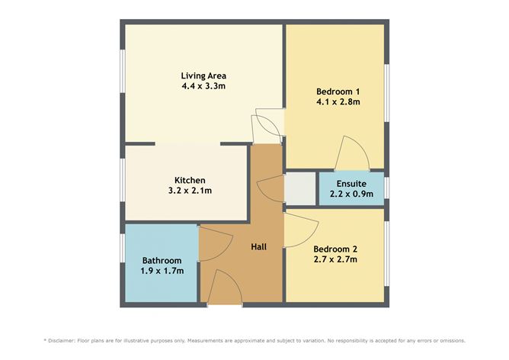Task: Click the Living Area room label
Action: [203, 76]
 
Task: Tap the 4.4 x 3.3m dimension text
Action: [203, 86]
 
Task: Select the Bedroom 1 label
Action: [338, 92]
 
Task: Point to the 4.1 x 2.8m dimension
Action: [338, 102]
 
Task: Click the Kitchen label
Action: [190, 180]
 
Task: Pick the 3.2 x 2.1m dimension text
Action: [190, 191]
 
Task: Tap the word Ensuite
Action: [351, 184]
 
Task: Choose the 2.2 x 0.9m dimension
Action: [351, 194]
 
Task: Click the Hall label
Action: [259, 247]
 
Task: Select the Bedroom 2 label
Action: [335, 249]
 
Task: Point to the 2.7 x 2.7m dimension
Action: [335, 259]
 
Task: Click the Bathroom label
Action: [162, 261]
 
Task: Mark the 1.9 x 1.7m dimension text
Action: [162, 271]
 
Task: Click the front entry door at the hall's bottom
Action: [225, 288]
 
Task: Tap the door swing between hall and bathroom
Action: [215, 243]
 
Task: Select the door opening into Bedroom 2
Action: [301, 230]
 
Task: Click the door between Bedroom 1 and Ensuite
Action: [352, 153]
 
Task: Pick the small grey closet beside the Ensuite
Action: [300, 189]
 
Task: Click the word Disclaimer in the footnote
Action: [62, 341]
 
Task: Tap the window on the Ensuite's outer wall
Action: [386, 188]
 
